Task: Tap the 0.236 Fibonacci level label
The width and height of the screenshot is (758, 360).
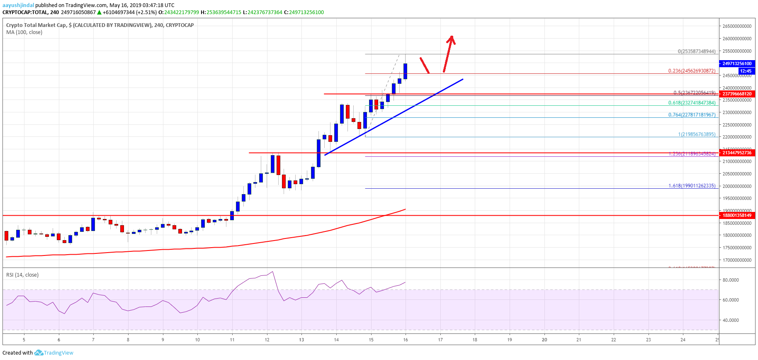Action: click(x=692, y=71)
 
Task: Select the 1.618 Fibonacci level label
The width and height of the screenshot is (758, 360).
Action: click(x=692, y=186)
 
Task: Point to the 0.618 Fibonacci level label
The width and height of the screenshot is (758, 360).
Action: click(x=692, y=103)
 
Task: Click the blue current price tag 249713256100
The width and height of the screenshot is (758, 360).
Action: click(x=737, y=63)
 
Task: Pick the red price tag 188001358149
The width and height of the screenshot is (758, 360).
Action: click(x=737, y=215)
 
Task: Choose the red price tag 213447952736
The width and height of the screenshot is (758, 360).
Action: click(x=737, y=153)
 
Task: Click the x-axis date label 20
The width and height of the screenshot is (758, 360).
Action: click(x=544, y=340)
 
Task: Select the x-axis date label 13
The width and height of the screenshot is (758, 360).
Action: click(x=301, y=340)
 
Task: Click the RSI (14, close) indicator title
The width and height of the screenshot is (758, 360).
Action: click(x=22, y=275)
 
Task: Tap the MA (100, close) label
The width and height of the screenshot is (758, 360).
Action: click(x=24, y=32)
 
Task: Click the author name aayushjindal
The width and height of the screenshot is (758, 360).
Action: click(x=18, y=5)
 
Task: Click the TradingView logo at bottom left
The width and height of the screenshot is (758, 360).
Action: click(x=54, y=353)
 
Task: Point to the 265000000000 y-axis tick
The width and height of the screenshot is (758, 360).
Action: click(x=737, y=26)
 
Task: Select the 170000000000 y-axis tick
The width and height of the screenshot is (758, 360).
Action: click(x=737, y=260)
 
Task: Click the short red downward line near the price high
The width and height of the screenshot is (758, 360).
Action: click(x=424, y=65)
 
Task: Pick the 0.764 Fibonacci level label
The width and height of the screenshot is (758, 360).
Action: click(x=692, y=115)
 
